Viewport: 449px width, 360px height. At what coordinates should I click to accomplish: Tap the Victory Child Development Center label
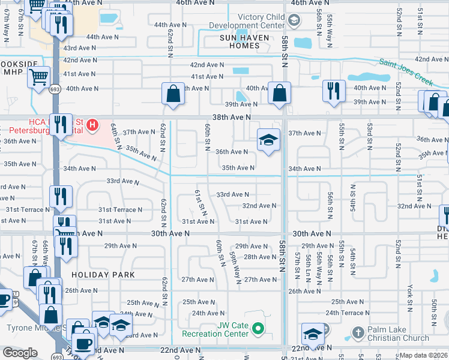coord(252,22)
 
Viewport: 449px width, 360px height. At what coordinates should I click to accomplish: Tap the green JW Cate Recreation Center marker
coord(258,328)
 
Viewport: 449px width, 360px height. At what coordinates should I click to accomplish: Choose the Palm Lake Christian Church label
coord(399,334)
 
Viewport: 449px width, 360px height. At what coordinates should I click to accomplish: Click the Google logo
coord(20,353)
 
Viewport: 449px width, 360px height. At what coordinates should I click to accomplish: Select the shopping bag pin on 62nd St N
coord(173,94)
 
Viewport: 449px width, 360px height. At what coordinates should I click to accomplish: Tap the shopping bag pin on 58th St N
coord(279,93)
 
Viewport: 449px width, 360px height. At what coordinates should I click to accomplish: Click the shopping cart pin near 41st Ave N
coord(39,76)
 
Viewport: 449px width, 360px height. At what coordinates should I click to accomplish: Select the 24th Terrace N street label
coord(348,313)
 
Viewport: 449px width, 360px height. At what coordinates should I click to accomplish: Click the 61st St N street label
coord(200,203)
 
